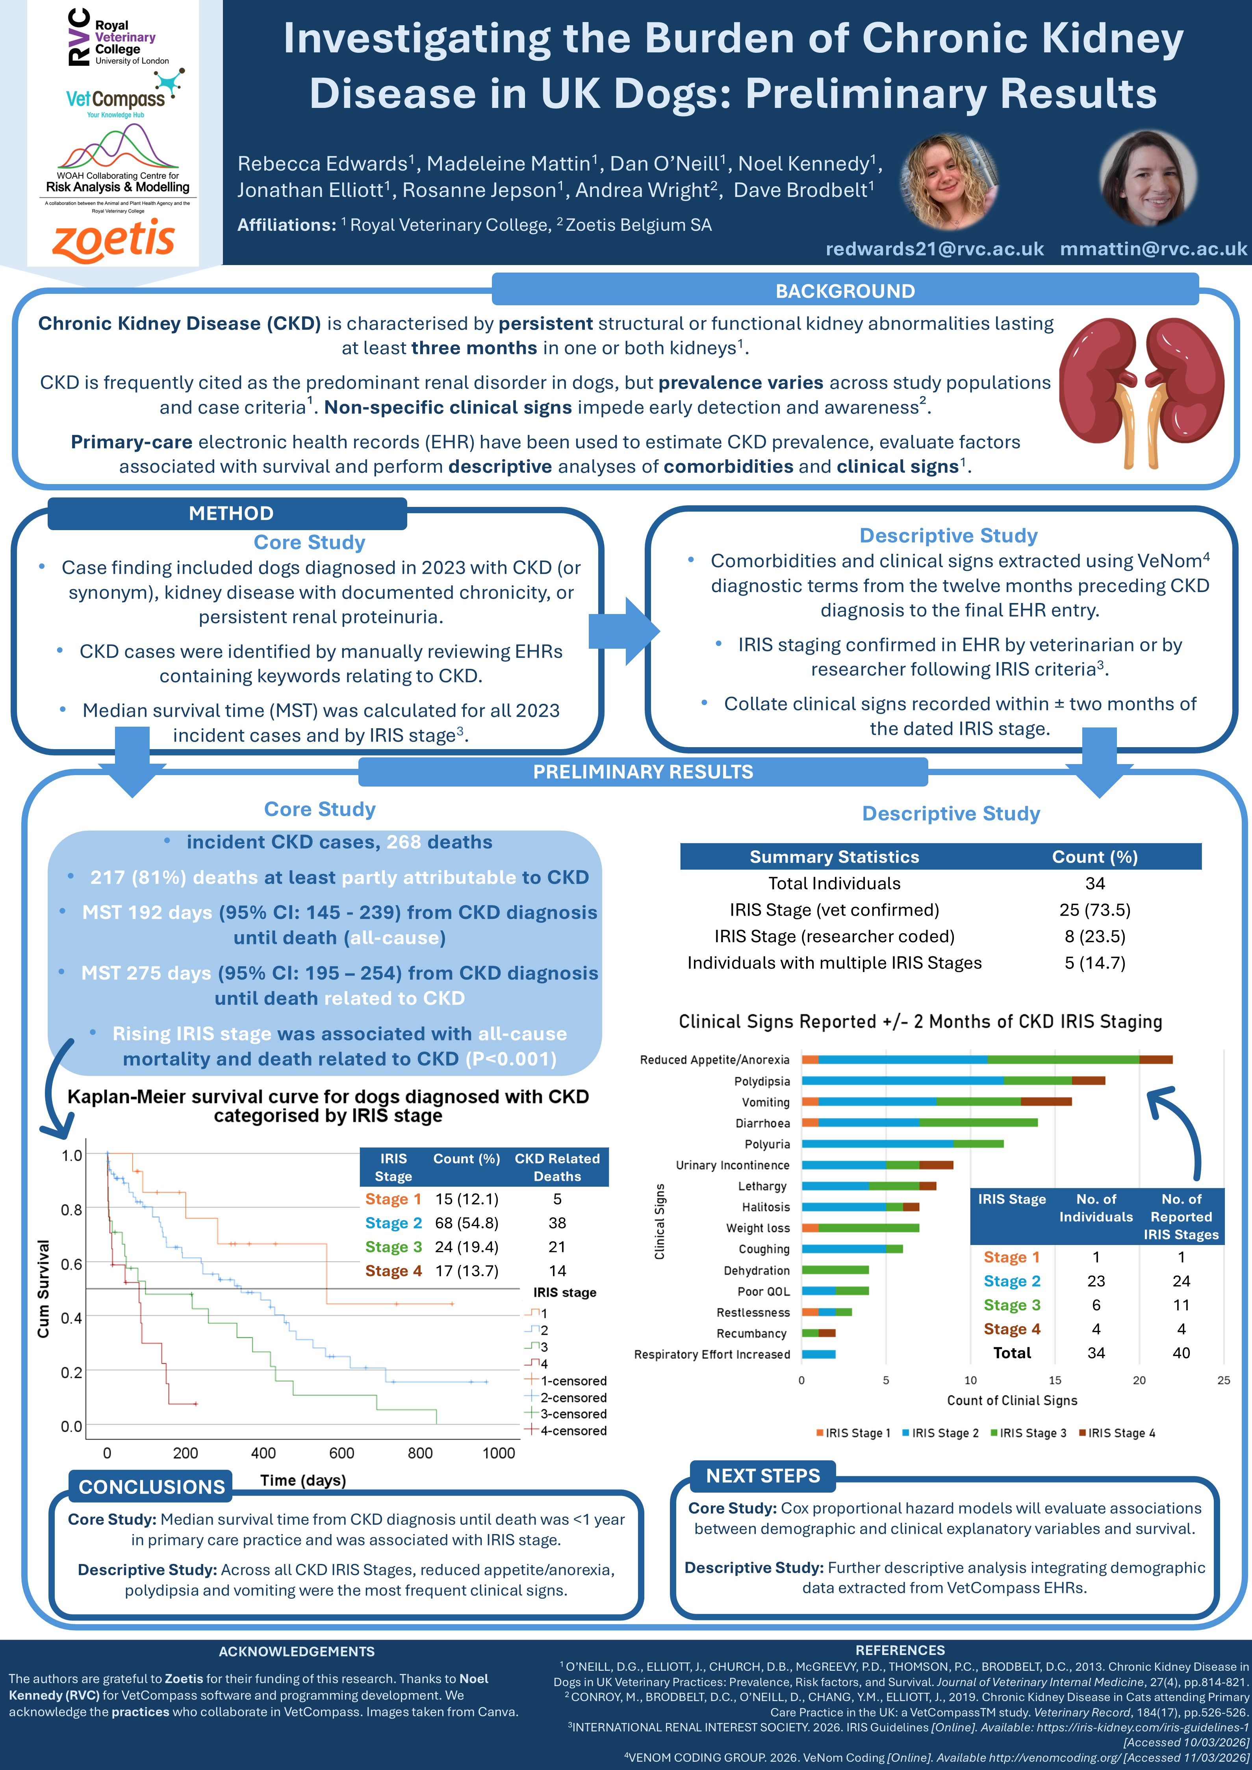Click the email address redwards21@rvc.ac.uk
tap(935, 249)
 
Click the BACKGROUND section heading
tap(845, 291)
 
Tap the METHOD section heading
tap(230, 514)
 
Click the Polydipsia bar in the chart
tap(953, 1081)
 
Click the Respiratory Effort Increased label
tap(712, 1354)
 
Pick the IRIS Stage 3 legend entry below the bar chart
tap(1028, 1433)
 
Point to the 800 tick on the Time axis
tap(420, 1453)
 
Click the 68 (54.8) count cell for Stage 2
tap(466, 1223)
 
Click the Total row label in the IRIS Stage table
tap(1011, 1353)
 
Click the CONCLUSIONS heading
tap(152, 1487)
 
